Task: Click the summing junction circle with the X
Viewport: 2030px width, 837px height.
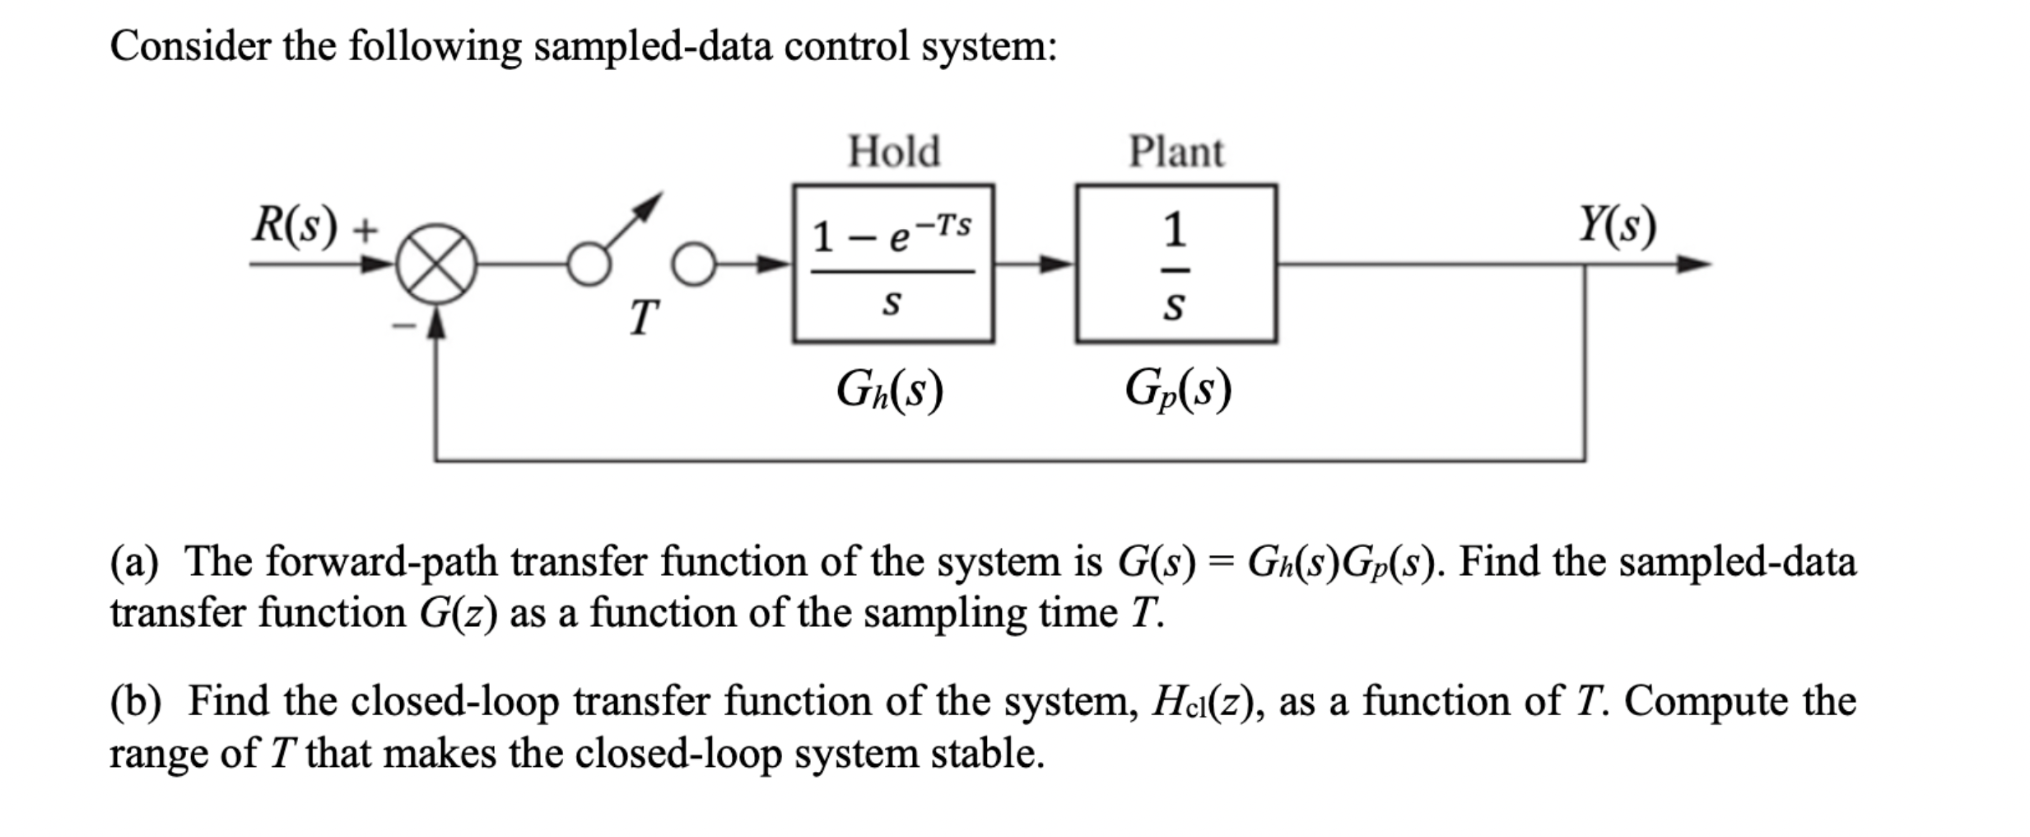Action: click(436, 264)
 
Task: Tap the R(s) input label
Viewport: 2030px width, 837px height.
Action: click(295, 224)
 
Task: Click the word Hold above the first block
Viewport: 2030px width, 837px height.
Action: click(893, 152)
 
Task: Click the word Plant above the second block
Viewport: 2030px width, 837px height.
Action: click(1176, 152)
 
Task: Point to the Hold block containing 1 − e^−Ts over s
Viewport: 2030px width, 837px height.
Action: click(893, 264)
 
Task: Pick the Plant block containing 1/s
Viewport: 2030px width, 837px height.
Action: click(1176, 264)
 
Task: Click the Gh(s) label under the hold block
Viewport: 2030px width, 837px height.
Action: click(889, 390)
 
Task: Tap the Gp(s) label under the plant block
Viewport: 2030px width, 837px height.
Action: click(1177, 390)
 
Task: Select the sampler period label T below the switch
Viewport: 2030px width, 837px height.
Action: click(644, 317)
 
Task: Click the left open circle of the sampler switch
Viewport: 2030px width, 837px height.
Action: click(589, 265)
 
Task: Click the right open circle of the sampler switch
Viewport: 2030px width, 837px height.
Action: click(694, 265)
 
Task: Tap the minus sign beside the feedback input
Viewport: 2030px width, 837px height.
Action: click(403, 326)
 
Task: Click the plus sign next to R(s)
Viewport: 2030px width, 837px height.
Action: click(365, 230)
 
